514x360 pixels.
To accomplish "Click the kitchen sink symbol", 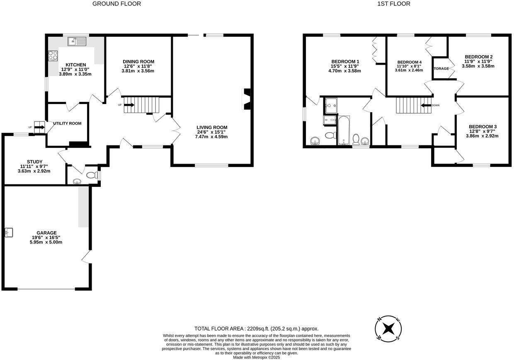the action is pos(77,41).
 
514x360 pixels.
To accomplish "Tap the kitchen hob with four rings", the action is pos(53,56).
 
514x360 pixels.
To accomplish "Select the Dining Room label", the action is pos(138,61).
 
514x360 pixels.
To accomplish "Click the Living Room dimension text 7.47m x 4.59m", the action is pos(211,137).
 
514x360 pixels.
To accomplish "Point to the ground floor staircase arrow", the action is pos(129,105).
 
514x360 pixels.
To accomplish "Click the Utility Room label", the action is pos(67,123).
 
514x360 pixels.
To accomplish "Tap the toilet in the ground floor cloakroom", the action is pos(92,175).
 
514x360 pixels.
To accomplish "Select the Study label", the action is pos(35,162).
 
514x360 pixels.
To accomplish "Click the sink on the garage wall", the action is pos(9,232).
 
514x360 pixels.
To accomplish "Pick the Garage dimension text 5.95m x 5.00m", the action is pos(46,242).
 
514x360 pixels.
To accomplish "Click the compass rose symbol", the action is pos(388,329).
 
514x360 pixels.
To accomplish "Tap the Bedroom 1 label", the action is pos(345,61).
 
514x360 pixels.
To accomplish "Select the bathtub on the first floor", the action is pos(344,130).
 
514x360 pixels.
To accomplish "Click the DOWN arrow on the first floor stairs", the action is pos(426,106).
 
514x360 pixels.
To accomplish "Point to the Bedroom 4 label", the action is pos(410,62).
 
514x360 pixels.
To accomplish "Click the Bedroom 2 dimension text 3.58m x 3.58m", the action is pos(478,66).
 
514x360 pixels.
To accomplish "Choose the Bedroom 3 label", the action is pos(482,127).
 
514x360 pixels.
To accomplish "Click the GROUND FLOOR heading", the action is pos(116,4).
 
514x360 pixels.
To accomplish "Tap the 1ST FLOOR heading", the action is pos(393,4).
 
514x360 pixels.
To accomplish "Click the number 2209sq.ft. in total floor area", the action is pos(258,329).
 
